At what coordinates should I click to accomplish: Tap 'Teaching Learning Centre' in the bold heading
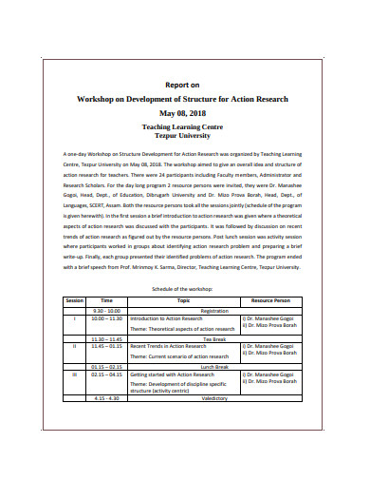(x=185, y=125)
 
